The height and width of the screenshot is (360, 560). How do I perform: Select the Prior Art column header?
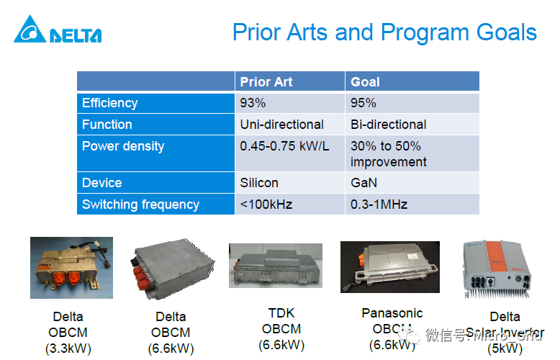(266, 81)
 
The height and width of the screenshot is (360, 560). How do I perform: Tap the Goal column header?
(365, 81)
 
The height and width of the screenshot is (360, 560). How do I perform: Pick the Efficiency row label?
(109, 103)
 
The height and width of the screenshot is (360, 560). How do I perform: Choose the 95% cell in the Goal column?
(363, 103)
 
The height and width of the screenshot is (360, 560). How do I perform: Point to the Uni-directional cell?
(281, 125)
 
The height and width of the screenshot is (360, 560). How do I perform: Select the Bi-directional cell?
(388, 125)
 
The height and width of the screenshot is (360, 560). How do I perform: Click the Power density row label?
(123, 146)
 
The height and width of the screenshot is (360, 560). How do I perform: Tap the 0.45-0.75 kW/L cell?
(284, 146)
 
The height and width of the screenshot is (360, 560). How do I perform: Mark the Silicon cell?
(259, 183)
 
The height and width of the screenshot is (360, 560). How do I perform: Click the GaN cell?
(363, 183)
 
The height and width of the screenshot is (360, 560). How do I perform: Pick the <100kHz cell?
(266, 204)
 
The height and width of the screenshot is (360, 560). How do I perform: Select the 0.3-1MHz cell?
(379, 204)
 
